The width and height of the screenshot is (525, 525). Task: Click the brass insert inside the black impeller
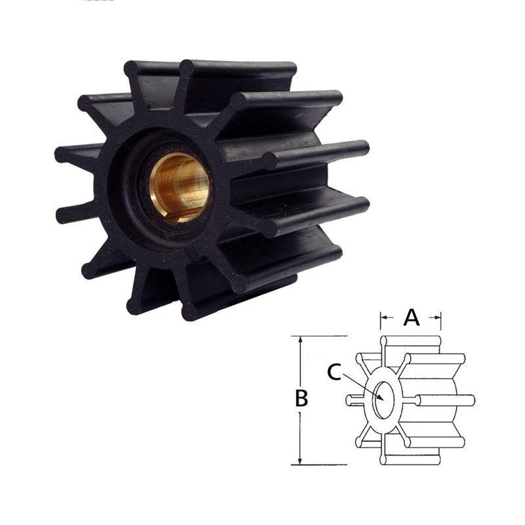178,187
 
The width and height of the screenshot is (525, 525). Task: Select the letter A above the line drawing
411,318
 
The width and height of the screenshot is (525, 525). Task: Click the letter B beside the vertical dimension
301,398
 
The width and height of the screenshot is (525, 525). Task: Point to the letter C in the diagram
333,373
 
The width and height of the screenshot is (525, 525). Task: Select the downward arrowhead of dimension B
301,459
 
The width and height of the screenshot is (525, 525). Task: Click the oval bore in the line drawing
383,400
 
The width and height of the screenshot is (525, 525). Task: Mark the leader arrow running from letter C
361,386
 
